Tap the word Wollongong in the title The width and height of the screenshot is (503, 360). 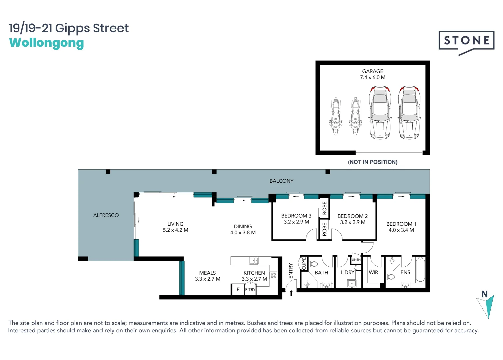point(46,43)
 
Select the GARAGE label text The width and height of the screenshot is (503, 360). point(372,71)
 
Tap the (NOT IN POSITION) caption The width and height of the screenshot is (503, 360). point(372,162)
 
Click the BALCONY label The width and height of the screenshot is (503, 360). point(281,181)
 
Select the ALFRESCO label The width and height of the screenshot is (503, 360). point(106,215)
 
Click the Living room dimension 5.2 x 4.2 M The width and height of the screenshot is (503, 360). point(175,230)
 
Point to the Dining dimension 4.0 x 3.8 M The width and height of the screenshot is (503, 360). point(243,233)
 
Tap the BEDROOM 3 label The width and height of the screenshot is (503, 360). point(296,216)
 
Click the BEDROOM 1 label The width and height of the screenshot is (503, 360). point(401,224)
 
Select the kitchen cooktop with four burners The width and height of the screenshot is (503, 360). point(273,275)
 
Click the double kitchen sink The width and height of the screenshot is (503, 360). point(254,261)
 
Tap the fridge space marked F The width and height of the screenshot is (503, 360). point(238,289)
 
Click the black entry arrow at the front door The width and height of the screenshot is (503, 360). point(291,293)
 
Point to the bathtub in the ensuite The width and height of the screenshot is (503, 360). point(420,269)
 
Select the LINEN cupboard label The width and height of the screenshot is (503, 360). point(356,260)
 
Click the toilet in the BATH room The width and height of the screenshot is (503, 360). point(313,264)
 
